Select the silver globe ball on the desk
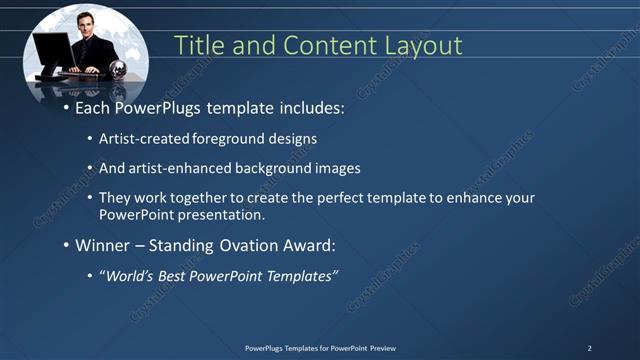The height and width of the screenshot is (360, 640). click(x=118, y=70)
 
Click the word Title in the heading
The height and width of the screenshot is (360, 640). click(x=199, y=45)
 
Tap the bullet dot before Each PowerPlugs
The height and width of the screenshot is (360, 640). click(x=67, y=106)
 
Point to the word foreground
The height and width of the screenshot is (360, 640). click(x=247, y=139)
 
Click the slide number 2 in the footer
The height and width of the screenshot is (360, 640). click(x=589, y=348)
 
